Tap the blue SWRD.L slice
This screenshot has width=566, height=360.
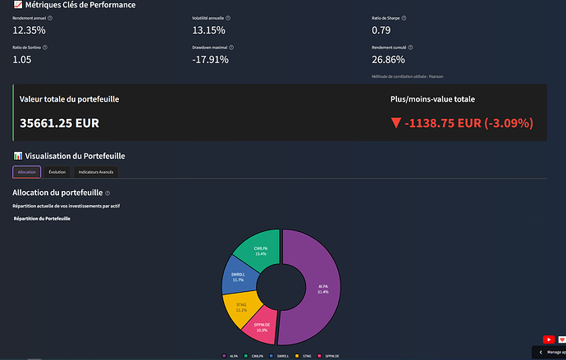(x=238, y=279)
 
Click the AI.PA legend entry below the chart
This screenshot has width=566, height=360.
(x=231, y=355)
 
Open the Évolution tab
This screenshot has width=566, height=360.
(x=57, y=171)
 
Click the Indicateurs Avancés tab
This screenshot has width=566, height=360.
(x=97, y=171)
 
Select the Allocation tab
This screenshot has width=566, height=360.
(x=26, y=171)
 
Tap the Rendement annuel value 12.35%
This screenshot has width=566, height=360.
(x=29, y=30)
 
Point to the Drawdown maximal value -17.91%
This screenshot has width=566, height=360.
(x=210, y=59)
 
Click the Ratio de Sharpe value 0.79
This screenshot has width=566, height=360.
(x=381, y=30)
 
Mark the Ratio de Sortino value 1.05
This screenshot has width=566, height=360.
(x=21, y=59)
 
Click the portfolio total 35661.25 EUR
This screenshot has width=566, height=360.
(x=59, y=123)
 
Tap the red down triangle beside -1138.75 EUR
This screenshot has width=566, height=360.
(x=396, y=123)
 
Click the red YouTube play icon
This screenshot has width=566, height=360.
(x=547, y=339)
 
